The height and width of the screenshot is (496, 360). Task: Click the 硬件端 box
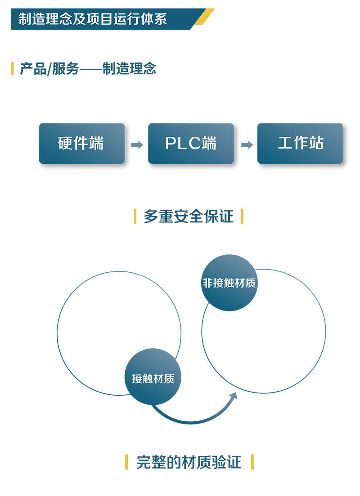tap(82, 143)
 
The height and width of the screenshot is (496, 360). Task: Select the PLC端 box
tap(191, 143)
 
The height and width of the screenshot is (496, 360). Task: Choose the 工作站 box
tap(300, 143)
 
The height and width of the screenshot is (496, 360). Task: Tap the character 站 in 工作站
tap(316, 143)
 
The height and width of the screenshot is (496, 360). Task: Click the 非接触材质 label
tap(229, 283)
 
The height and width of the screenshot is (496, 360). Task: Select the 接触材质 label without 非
tap(153, 379)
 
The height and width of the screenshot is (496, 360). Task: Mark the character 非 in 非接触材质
tap(207, 283)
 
